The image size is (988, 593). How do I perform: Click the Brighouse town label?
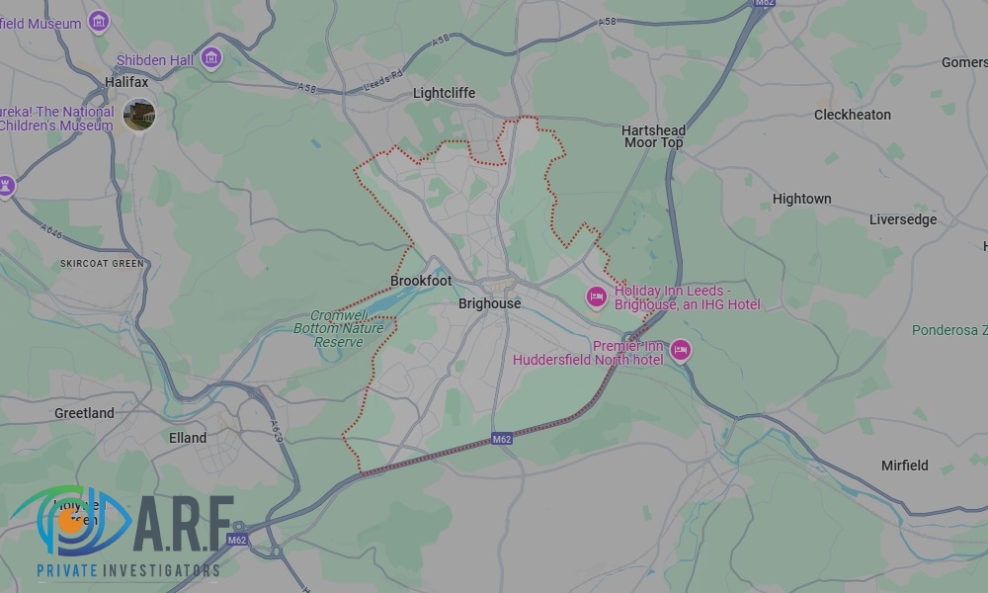click(x=489, y=303)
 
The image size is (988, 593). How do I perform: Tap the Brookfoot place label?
click(x=421, y=281)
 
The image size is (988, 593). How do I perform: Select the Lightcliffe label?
click(x=444, y=93)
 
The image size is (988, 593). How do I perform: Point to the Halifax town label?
click(x=126, y=82)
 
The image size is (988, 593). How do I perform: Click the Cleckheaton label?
click(x=852, y=115)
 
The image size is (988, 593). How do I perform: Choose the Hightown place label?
click(x=801, y=199)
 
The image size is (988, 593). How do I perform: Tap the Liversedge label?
click(x=902, y=219)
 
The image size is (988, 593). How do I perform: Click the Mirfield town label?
click(x=904, y=465)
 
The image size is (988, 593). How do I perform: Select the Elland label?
click(x=188, y=438)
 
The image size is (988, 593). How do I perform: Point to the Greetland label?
click(x=84, y=413)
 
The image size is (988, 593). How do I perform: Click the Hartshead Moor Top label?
click(x=653, y=136)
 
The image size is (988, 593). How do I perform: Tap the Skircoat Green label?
click(x=102, y=263)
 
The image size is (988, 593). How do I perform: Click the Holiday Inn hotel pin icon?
click(x=596, y=296)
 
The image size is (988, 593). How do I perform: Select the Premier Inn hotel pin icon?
click(x=680, y=350)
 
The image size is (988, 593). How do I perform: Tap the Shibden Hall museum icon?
click(x=210, y=58)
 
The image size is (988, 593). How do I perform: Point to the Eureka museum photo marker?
click(x=139, y=115)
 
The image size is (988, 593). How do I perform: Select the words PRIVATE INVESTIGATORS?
click(x=127, y=570)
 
